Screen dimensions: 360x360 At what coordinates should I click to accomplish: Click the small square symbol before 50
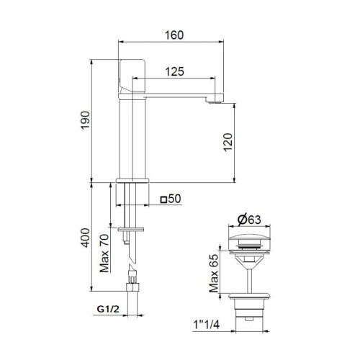coord(163,199)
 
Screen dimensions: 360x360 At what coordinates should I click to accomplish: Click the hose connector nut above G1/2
coord(132,287)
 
